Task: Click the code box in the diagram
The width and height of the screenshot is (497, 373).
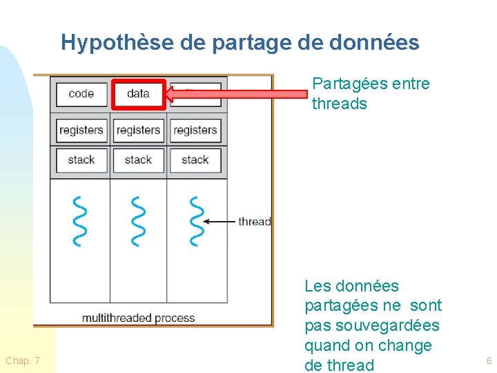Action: point(81,94)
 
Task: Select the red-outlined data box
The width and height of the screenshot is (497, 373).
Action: point(139,94)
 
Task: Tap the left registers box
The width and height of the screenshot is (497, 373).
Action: point(81,130)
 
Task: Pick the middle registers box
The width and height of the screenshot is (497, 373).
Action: point(138,130)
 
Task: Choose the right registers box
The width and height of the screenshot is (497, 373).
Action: point(195,130)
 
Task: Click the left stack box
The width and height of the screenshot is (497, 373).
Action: point(81,160)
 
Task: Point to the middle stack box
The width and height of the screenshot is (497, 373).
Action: point(138,160)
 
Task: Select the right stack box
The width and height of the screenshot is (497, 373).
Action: point(195,160)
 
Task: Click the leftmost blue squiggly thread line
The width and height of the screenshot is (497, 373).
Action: point(80,221)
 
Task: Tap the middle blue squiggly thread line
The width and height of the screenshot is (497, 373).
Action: point(138,221)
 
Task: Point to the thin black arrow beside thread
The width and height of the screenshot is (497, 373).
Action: point(221,222)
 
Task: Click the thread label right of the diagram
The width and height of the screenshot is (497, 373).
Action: point(254,222)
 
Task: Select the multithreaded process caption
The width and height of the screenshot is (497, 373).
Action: point(138,318)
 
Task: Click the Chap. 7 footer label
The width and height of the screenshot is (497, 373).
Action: point(23,361)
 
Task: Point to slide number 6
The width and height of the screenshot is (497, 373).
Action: point(489,361)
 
